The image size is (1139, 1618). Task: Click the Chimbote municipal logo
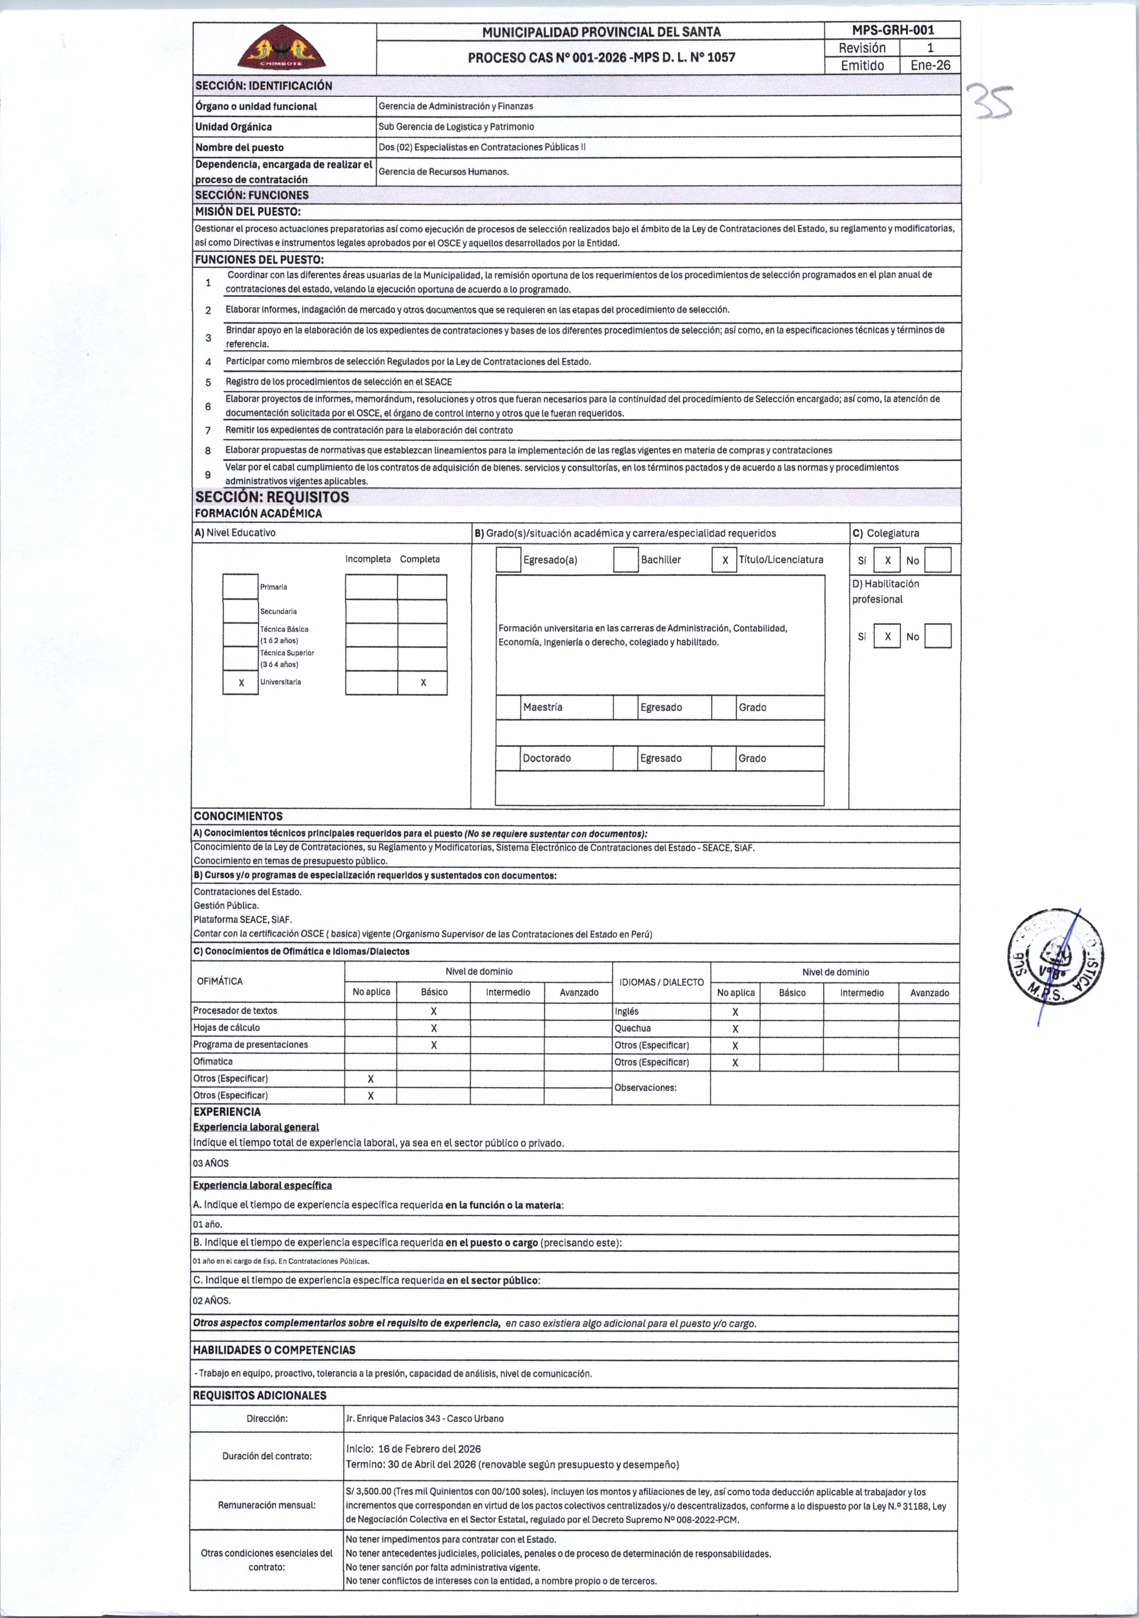[x=281, y=48]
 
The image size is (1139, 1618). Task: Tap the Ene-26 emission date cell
[x=930, y=66]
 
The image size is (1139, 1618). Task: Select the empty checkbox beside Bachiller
[x=626, y=559]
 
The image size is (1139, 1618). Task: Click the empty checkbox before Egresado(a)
[x=508, y=559]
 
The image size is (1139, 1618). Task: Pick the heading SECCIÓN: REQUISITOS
[x=272, y=497]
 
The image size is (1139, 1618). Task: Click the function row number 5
[x=208, y=382]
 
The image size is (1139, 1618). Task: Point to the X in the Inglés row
[x=735, y=1012]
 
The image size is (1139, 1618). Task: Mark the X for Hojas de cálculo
[x=433, y=1028]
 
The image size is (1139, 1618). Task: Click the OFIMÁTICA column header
[x=220, y=981]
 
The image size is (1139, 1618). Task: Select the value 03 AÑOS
[x=211, y=1164]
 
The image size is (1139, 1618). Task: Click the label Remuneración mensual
[x=267, y=1505]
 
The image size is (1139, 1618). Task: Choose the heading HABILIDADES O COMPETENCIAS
[x=274, y=1350]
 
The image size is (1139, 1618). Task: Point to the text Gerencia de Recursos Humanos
[x=444, y=172]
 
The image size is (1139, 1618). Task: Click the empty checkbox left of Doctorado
[x=508, y=758]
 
